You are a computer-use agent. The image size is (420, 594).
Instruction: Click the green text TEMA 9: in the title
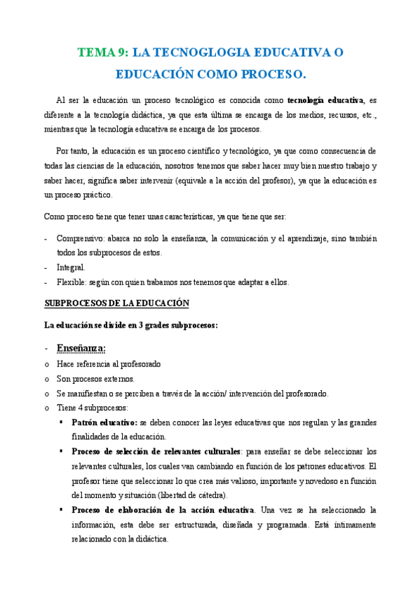tap(102, 53)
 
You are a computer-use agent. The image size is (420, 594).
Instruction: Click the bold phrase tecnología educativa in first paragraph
tap(325, 100)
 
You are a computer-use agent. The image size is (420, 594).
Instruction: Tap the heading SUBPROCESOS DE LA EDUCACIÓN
tap(117, 303)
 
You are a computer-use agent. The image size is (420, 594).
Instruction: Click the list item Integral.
tap(71, 268)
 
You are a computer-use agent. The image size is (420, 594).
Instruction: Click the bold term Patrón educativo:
tap(104, 422)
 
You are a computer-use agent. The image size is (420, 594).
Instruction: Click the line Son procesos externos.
tap(95, 378)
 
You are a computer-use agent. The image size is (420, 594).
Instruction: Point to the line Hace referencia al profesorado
tap(109, 364)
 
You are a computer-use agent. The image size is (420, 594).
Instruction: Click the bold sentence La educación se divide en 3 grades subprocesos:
tap(131, 325)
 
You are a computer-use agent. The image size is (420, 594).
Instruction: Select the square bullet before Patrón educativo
tap(62, 422)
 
